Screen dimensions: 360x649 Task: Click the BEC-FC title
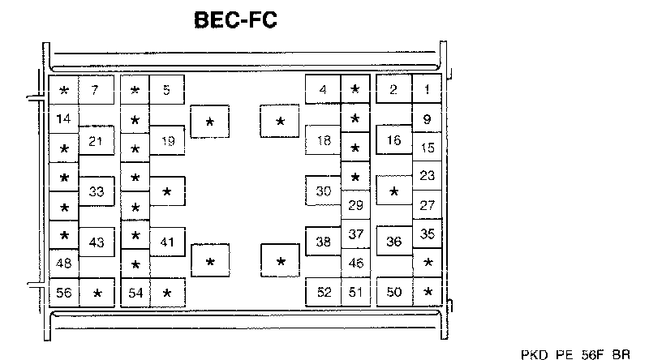pyautogui.click(x=235, y=19)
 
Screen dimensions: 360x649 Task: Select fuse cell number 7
pyautogui.click(x=95, y=89)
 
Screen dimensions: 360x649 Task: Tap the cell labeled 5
pyautogui.click(x=166, y=89)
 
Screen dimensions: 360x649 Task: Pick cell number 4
pyautogui.click(x=323, y=89)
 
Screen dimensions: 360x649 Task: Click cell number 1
pyautogui.click(x=428, y=89)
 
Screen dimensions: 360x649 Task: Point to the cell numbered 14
pyautogui.click(x=63, y=119)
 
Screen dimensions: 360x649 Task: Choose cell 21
pyautogui.click(x=96, y=141)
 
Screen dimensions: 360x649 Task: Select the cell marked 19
pyautogui.click(x=167, y=141)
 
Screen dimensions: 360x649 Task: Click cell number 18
pyautogui.click(x=324, y=141)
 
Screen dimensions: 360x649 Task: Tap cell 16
pyautogui.click(x=394, y=140)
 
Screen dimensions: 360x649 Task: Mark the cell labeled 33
pyautogui.click(x=96, y=192)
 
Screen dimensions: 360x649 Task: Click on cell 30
pyautogui.click(x=324, y=192)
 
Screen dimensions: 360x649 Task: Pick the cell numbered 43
pyautogui.click(x=96, y=242)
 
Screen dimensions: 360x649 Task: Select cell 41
pyautogui.click(x=167, y=242)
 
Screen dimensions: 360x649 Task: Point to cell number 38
pyautogui.click(x=324, y=242)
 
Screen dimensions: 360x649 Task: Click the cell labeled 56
pyautogui.click(x=63, y=292)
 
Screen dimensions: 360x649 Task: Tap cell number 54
pyautogui.click(x=135, y=292)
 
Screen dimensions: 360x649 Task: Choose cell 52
pyautogui.click(x=324, y=292)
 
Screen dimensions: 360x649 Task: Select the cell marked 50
pyautogui.click(x=394, y=292)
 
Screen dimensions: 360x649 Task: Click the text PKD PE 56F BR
pyautogui.click(x=575, y=354)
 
